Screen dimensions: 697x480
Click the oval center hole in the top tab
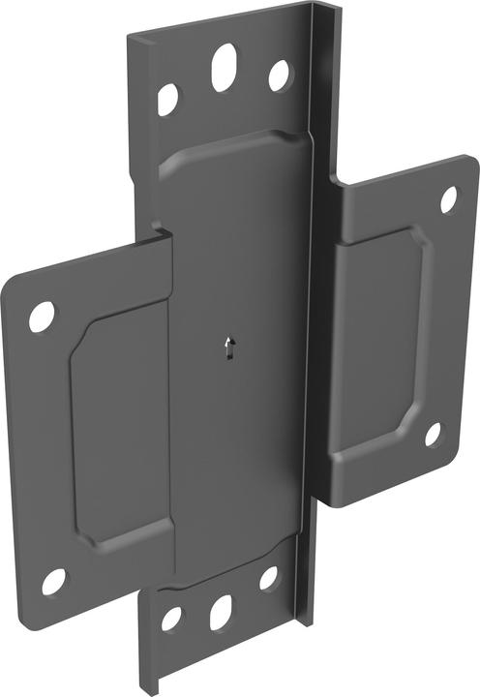click(x=225, y=66)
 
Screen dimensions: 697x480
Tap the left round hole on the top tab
click(x=168, y=99)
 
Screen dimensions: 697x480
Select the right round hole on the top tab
click(x=279, y=76)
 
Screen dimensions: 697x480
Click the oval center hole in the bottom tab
click(x=221, y=611)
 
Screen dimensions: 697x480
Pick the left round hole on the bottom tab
click(x=171, y=619)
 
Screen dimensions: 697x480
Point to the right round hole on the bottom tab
click(x=268, y=578)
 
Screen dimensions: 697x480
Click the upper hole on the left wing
click(x=42, y=317)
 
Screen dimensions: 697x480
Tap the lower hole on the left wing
click(x=53, y=582)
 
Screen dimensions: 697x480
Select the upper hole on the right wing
click(x=449, y=198)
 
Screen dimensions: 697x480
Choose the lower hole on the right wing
click(x=433, y=435)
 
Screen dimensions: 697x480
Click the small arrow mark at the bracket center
click(x=228, y=348)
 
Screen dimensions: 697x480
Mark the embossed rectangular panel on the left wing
click(x=118, y=426)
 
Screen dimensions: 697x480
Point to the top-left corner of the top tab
click(x=132, y=37)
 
